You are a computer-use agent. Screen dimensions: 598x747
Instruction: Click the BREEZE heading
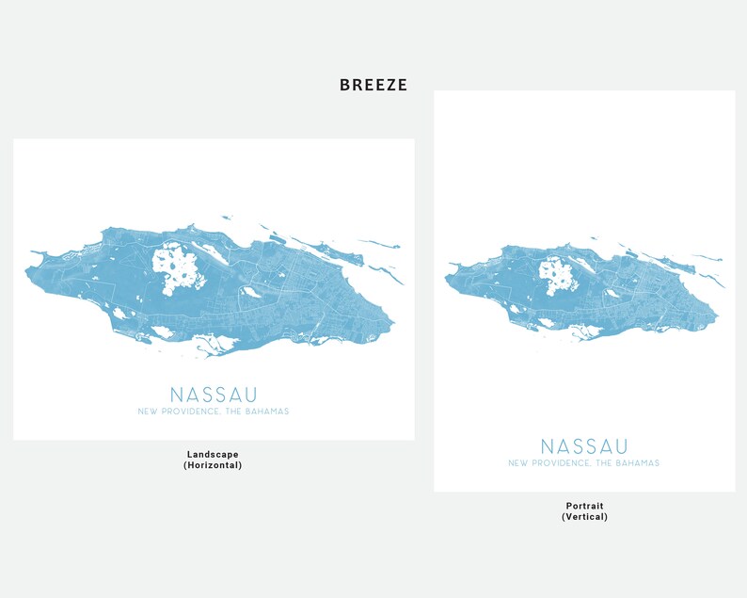click(x=373, y=86)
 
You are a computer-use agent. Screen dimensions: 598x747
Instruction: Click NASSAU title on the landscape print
click(x=214, y=395)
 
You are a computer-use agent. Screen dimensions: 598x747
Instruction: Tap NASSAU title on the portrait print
click(x=584, y=446)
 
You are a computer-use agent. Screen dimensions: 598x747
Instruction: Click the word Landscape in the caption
click(x=213, y=454)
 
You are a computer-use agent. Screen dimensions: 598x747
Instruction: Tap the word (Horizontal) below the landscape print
click(x=213, y=465)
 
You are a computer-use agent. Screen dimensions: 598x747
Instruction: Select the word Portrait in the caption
click(x=584, y=506)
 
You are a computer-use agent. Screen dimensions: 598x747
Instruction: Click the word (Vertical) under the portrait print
click(x=584, y=517)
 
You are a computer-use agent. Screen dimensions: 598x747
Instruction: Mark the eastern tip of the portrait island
click(x=718, y=317)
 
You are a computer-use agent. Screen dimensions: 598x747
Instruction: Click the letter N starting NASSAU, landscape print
click(x=176, y=395)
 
